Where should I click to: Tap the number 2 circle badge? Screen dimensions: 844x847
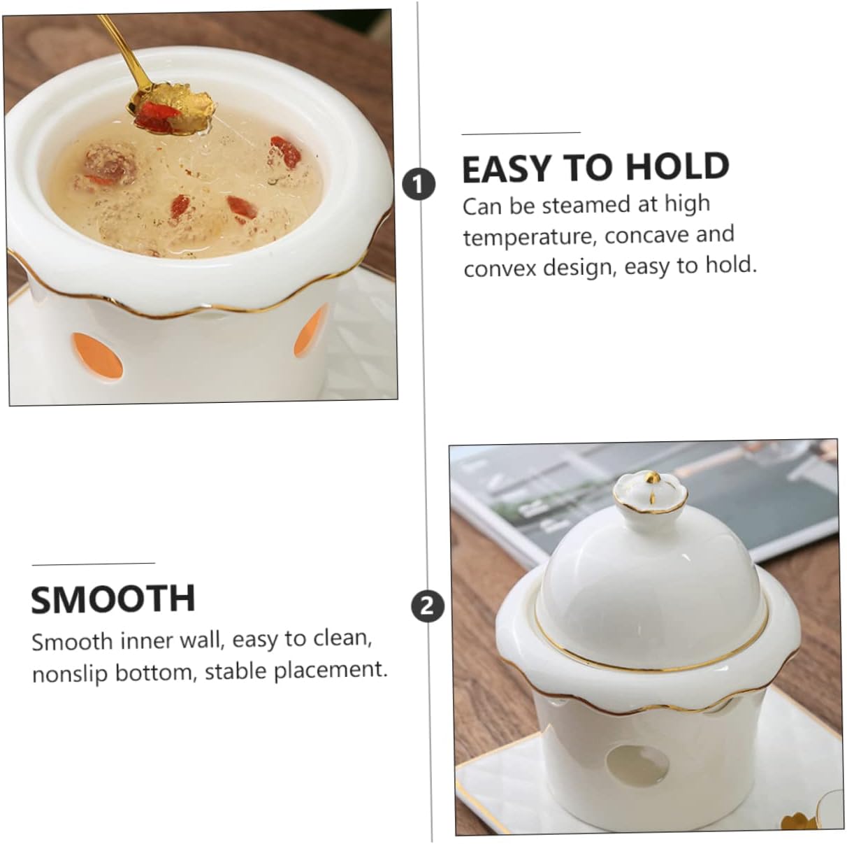(427, 606)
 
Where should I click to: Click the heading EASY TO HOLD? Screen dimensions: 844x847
(595, 168)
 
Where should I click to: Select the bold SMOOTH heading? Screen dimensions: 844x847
(113, 599)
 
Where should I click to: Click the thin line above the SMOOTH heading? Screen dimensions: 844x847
(93, 563)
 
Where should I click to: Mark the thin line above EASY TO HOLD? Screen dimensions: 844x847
(521, 132)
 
